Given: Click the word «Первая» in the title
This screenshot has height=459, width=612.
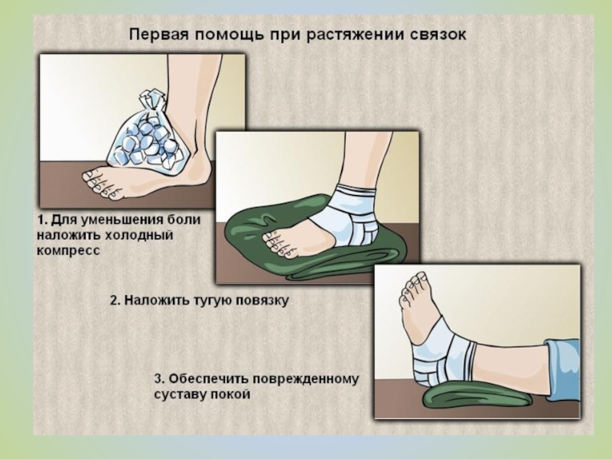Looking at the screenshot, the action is coord(159,34).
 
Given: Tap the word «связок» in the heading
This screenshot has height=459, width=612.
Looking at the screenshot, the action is coord(438,34).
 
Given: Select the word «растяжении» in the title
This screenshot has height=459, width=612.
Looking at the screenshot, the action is coord(356,35).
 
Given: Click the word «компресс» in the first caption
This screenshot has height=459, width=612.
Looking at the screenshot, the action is coord(68,251).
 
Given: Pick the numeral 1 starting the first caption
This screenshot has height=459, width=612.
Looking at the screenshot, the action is coord(41,220).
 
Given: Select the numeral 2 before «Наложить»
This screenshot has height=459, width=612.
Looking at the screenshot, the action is coord(114,301).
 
